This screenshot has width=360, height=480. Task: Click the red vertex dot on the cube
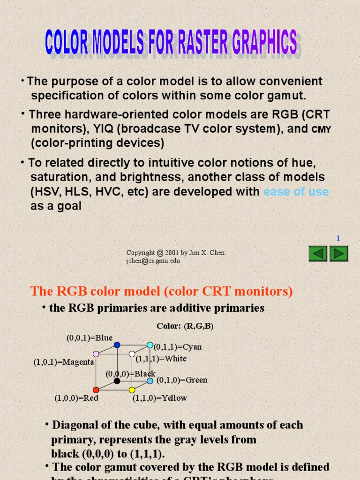[96, 390]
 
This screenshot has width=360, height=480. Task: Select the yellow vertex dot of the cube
[132, 390]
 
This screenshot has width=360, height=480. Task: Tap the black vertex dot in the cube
[117, 381]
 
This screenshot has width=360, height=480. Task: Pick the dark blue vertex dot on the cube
[117, 345]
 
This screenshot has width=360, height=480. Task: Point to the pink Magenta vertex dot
[96, 354]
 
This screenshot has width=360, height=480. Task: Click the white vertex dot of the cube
[132, 354]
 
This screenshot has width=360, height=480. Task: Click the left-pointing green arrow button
[318, 254]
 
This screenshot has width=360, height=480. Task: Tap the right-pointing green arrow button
[338, 254]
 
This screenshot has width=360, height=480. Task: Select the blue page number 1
[338, 239]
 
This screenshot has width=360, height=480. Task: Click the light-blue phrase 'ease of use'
[296, 192]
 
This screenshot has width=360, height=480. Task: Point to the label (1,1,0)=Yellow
[159, 398]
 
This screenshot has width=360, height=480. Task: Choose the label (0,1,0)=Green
[182, 380]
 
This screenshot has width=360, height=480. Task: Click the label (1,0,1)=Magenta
[64, 362]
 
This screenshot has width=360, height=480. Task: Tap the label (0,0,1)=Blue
[89, 337]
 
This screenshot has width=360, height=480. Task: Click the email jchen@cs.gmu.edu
[153, 261]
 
